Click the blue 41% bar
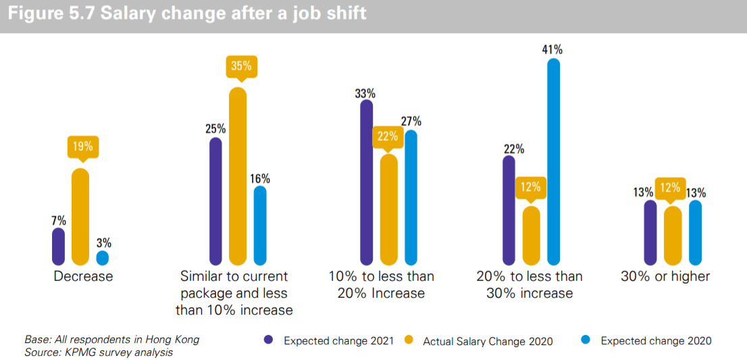point(554,162)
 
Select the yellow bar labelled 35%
point(238,176)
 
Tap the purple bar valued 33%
point(367,182)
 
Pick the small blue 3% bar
point(103,258)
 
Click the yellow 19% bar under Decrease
point(80,216)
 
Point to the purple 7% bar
point(59,247)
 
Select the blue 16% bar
point(260,226)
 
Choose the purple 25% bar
point(216,201)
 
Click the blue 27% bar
point(411,197)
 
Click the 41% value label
point(552,49)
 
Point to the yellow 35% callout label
point(241,66)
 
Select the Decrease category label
point(83,276)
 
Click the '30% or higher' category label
point(665,276)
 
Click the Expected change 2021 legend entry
point(330,340)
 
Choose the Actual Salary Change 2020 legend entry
point(480,341)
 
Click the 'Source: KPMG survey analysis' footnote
point(98,352)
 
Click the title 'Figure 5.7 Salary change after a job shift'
point(187,14)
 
